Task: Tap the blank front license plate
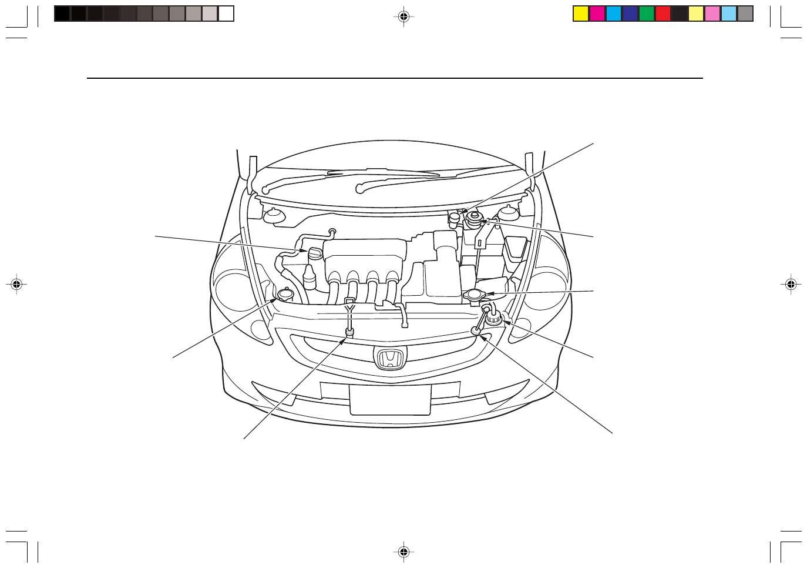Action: point(390,400)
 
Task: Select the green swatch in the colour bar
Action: point(647,14)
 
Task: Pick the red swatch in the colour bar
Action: point(663,14)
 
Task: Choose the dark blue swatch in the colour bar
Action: point(630,14)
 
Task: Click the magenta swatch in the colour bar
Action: point(597,14)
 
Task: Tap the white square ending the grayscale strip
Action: point(226,14)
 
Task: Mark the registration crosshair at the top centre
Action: point(403,17)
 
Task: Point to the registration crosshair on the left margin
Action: point(16,285)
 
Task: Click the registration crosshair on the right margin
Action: point(791,285)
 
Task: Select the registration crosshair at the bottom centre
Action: point(403,552)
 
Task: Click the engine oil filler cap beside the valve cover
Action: point(315,254)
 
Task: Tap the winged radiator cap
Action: point(474,294)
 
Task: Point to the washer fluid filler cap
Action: point(285,293)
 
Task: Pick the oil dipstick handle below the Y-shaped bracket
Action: point(349,333)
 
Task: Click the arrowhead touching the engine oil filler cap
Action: point(304,251)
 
